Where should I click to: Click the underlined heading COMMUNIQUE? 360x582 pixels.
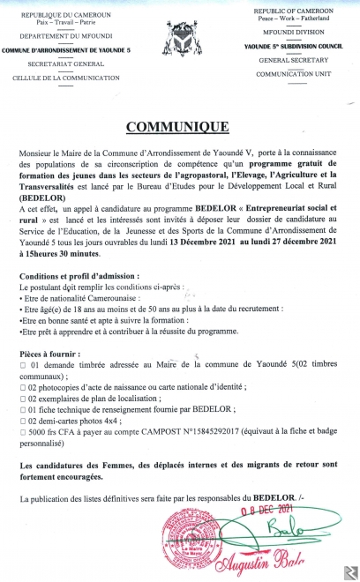pos(181,127)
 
